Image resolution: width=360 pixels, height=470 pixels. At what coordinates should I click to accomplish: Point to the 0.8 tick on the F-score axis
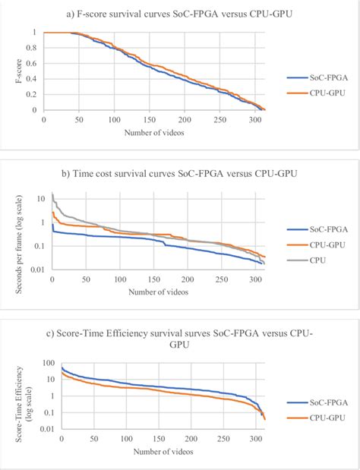coord(33,48)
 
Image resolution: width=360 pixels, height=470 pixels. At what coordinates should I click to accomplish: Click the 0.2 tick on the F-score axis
coord(33,94)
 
